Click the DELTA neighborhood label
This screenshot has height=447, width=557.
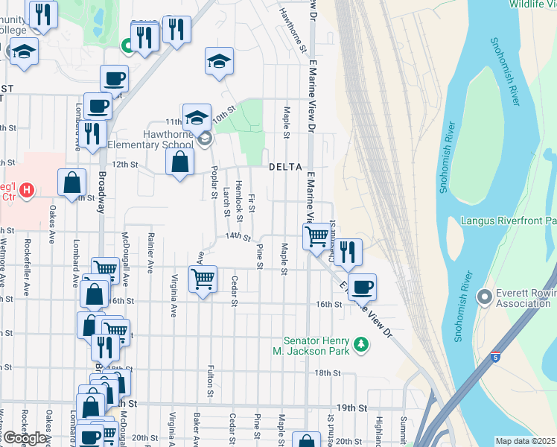285,166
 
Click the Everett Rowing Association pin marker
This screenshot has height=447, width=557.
486,297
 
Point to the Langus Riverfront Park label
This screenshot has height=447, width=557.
509,221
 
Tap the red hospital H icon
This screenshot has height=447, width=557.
28,191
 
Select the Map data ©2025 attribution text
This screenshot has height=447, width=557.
526,440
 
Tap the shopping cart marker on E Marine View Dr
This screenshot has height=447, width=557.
317,237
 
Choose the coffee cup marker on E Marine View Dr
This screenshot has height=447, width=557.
362,286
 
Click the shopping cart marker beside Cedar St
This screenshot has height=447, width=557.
203,279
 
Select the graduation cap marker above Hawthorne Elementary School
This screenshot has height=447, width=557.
197,116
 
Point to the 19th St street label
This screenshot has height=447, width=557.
352,408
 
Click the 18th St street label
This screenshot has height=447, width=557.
326,372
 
